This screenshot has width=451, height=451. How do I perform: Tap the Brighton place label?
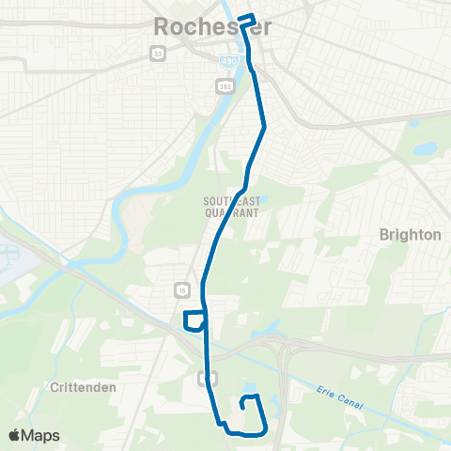coord(410,235)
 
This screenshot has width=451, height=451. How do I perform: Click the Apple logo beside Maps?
coord(15,435)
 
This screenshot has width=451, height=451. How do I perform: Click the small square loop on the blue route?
coord(194,320)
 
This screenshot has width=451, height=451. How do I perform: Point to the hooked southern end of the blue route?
coord(248,401)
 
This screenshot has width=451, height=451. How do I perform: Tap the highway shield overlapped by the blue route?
coord(208,377)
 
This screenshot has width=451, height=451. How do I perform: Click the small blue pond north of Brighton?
coord(424,148)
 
